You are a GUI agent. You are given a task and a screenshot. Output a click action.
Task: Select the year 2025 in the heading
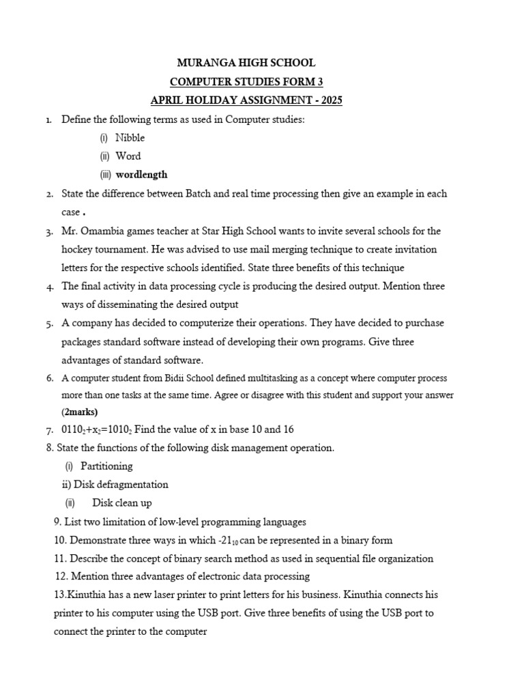pyautogui.click(x=330, y=101)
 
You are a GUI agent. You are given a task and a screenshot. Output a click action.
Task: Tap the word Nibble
pyautogui.click(x=130, y=138)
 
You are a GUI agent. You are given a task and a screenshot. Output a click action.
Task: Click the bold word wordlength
pyautogui.click(x=141, y=174)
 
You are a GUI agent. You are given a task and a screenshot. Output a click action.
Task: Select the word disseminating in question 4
pyautogui.click(x=126, y=304)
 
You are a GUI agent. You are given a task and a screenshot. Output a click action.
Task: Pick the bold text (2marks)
pyautogui.click(x=80, y=412)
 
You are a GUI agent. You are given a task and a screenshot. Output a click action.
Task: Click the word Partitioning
pyautogui.click(x=106, y=466)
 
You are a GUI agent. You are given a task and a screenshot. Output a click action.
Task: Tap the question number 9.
pyautogui.click(x=57, y=522)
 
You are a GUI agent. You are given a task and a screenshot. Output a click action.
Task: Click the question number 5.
pyautogui.click(x=50, y=323)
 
